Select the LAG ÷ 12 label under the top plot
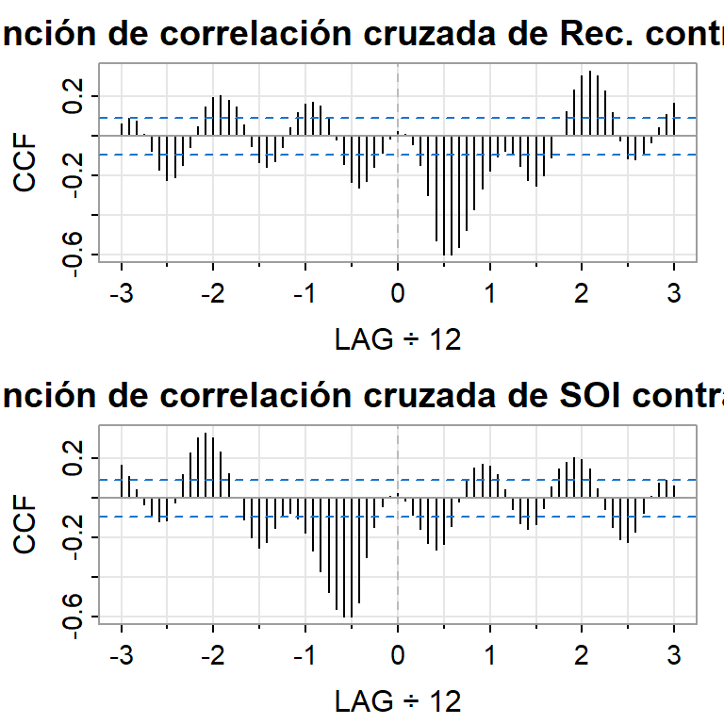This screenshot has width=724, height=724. (398, 339)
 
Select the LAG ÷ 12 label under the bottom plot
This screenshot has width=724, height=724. (398, 701)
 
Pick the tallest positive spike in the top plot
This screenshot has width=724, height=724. (590, 103)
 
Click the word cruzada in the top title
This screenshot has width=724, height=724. (436, 34)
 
